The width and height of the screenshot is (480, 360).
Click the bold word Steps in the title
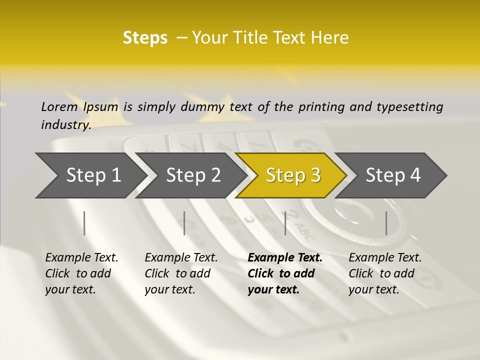(x=145, y=38)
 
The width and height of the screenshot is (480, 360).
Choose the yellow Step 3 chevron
(x=293, y=175)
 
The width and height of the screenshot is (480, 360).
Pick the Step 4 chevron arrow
(x=393, y=175)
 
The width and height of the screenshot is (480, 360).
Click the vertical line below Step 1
(x=84, y=223)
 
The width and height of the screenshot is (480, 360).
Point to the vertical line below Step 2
(x=184, y=223)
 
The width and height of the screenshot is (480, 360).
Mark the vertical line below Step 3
(x=285, y=223)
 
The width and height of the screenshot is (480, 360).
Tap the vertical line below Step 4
(x=386, y=223)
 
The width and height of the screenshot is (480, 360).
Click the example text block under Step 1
(x=81, y=273)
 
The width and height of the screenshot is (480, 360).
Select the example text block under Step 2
(x=181, y=273)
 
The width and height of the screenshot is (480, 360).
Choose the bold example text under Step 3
(x=285, y=273)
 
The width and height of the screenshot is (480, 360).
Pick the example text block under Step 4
(x=385, y=273)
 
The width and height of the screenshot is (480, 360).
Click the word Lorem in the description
(x=59, y=106)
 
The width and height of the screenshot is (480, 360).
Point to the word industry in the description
(x=66, y=124)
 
